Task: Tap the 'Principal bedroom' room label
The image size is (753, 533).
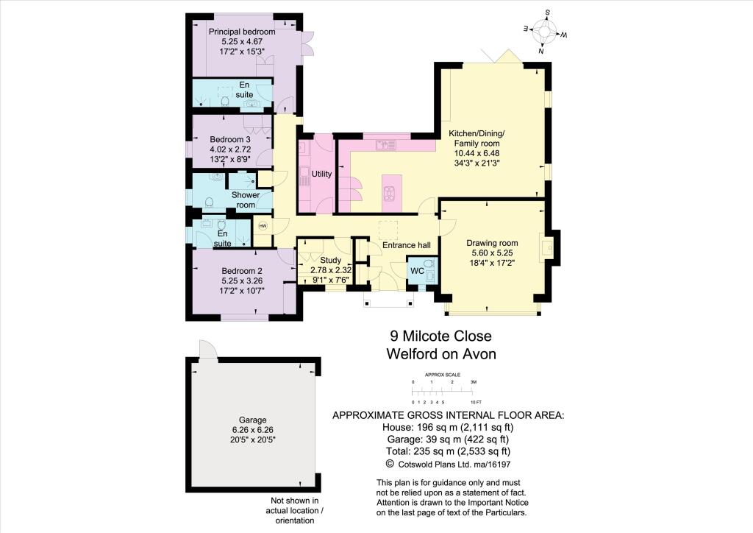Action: point(242,32)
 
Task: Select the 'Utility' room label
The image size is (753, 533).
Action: point(322,174)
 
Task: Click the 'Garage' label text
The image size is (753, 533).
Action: point(252,419)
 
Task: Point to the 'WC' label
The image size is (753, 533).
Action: point(416,270)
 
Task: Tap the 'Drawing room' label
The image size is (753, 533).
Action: point(493,243)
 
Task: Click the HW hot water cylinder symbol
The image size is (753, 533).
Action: point(263,226)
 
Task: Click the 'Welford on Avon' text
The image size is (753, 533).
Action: point(441,354)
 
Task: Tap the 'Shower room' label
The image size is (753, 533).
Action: point(246,200)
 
